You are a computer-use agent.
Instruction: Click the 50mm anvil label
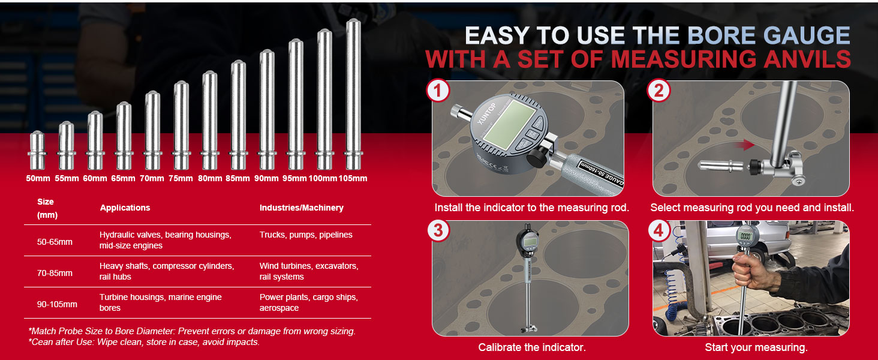click(38, 178)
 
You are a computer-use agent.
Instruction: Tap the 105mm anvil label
click(353, 178)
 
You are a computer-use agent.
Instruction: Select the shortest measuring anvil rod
click(37, 150)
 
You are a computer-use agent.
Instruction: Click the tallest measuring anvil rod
click(353, 94)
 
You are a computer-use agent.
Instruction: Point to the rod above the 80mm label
click(210, 121)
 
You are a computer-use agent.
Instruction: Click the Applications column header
click(125, 208)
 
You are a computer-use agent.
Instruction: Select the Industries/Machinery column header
click(302, 208)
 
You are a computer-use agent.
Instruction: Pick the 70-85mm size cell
click(55, 273)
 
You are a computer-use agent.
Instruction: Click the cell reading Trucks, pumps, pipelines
click(306, 235)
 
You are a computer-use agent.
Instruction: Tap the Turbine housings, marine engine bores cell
click(160, 302)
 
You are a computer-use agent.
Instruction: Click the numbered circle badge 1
click(438, 91)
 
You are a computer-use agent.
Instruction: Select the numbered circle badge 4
click(659, 230)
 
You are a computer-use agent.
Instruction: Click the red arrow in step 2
click(745, 145)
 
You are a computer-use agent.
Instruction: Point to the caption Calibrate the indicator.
click(532, 347)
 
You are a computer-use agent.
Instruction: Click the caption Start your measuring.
click(756, 347)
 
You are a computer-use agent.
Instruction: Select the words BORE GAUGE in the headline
click(769, 35)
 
